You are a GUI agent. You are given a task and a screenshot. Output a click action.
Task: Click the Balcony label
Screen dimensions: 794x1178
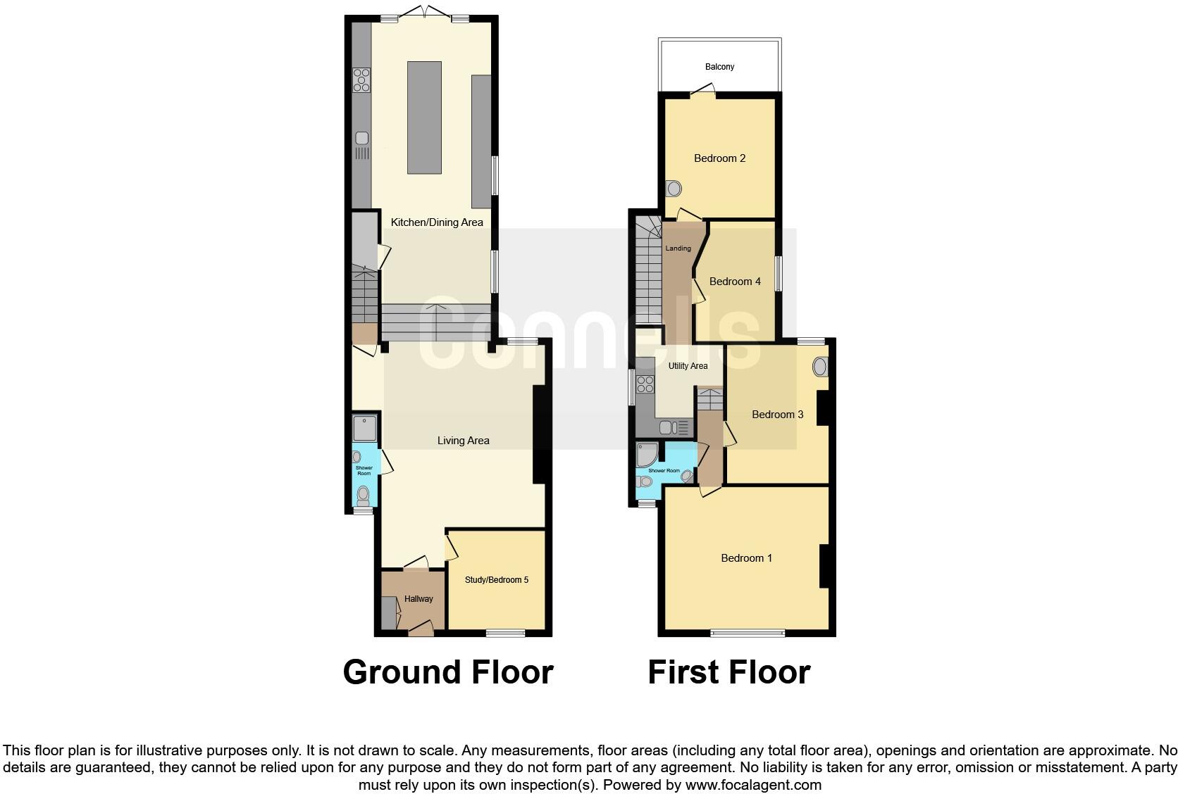(719, 67)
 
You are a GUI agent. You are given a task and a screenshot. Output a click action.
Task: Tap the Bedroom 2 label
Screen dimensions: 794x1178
(719, 158)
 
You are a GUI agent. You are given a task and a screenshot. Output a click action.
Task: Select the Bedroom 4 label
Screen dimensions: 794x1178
(735, 282)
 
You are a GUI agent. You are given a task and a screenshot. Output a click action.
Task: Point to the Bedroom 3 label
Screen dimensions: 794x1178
(777, 415)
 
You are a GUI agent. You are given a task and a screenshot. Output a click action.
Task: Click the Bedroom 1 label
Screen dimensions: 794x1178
(746, 558)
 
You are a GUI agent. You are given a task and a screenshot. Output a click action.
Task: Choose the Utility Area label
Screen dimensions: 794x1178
(688, 366)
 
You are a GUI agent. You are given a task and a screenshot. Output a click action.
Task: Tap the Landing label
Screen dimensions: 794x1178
(678, 248)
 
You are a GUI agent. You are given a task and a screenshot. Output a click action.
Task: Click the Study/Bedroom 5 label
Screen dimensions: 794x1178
(496, 580)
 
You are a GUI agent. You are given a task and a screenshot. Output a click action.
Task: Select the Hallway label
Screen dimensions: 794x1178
(418, 599)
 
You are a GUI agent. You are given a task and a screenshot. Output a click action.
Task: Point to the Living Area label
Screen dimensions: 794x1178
(463, 441)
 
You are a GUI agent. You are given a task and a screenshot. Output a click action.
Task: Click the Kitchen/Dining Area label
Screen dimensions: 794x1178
(437, 222)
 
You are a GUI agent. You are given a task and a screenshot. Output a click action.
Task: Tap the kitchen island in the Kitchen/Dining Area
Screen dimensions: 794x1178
(424, 117)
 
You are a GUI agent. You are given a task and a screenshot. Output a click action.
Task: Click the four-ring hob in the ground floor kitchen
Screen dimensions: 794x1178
(361, 79)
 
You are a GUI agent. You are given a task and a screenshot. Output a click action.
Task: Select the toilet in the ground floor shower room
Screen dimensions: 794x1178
(363, 496)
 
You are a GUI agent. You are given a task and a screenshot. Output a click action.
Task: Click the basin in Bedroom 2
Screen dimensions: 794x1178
(674, 189)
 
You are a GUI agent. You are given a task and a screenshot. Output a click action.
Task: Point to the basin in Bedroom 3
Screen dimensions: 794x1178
(820, 367)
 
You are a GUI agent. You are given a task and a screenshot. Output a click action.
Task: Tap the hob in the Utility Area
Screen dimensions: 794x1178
(645, 384)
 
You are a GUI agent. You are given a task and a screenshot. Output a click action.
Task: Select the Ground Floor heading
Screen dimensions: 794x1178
(448, 672)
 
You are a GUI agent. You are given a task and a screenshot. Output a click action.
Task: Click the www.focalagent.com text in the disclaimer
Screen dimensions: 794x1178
(752, 784)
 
